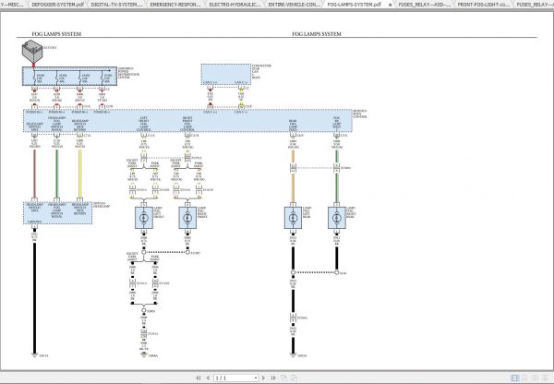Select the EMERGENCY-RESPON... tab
click(175, 5)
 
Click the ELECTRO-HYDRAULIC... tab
click(234, 5)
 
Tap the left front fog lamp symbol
click(145, 218)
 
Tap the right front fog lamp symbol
click(188, 218)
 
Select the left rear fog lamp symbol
click(293, 218)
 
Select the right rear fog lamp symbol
click(335, 218)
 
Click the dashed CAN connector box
click(223, 73)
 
